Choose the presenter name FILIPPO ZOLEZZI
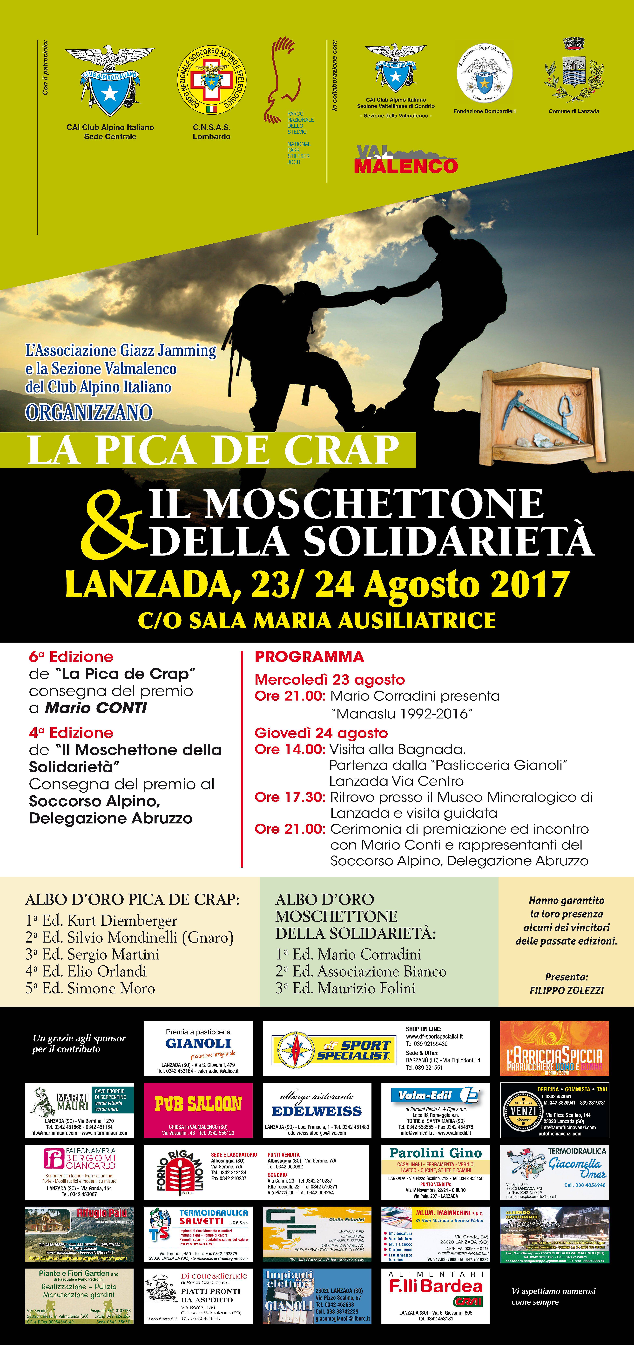click(x=567, y=990)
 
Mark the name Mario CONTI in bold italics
click(x=96, y=708)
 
